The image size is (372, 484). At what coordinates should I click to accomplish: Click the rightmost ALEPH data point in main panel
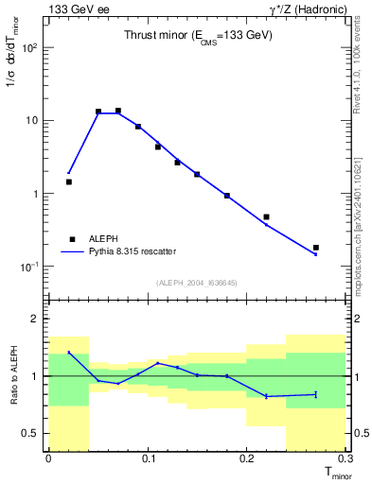(315, 248)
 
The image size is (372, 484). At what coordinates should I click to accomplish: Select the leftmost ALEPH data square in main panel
(68, 181)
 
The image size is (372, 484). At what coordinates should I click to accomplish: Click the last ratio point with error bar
(315, 394)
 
